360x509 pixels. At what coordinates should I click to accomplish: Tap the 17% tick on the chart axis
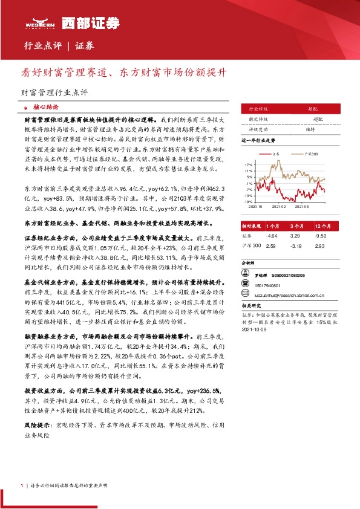click(x=249, y=164)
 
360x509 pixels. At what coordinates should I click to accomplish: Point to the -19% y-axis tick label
click(x=249, y=202)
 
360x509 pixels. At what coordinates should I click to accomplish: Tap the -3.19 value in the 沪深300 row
click(x=296, y=247)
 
